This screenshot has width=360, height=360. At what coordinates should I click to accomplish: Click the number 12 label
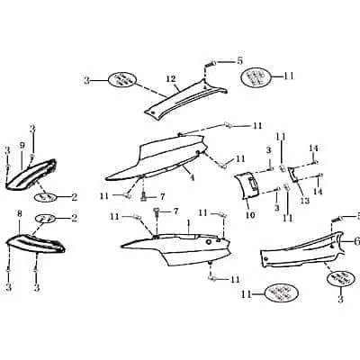click(x=171, y=79)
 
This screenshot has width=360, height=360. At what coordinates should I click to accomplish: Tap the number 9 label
click(x=22, y=146)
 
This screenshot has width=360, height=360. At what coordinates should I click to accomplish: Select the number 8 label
click(x=20, y=214)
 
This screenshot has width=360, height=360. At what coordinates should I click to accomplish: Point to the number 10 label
click(x=250, y=215)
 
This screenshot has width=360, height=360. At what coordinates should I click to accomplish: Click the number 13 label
click(x=305, y=201)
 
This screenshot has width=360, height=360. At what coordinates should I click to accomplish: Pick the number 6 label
click(x=356, y=241)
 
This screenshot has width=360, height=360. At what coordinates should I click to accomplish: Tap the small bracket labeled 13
click(x=293, y=175)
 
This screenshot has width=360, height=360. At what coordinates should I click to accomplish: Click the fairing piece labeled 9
click(x=31, y=174)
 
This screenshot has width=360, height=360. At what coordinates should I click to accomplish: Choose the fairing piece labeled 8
click(x=35, y=242)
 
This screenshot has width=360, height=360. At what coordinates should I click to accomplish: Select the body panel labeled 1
click(x=177, y=247)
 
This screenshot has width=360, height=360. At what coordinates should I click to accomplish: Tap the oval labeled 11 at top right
click(x=256, y=76)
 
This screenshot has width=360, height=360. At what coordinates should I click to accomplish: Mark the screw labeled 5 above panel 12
click(x=210, y=64)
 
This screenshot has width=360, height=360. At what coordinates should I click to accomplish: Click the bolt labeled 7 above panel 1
click(x=157, y=212)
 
